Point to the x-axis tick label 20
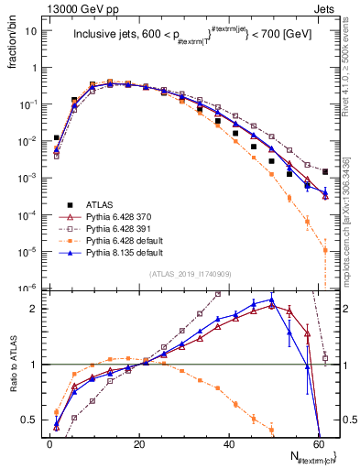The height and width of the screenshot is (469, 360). click(138, 443)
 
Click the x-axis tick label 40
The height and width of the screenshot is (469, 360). click(231, 443)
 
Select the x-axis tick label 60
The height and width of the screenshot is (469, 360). click(322, 443)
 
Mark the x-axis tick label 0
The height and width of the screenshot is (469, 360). click(49, 443)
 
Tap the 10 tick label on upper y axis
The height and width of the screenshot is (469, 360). click(30, 30)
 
